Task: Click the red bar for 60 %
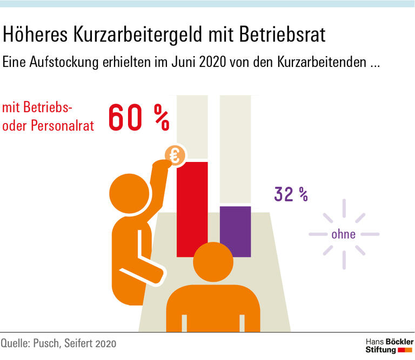(192, 208)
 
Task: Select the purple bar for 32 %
(235, 229)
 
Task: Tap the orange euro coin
(175, 156)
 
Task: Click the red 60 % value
(139, 118)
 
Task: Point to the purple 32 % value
(291, 194)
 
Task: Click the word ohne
(344, 234)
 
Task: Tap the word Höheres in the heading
(36, 36)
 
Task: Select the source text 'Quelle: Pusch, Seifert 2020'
(58, 343)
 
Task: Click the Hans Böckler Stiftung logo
(389, 345)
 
